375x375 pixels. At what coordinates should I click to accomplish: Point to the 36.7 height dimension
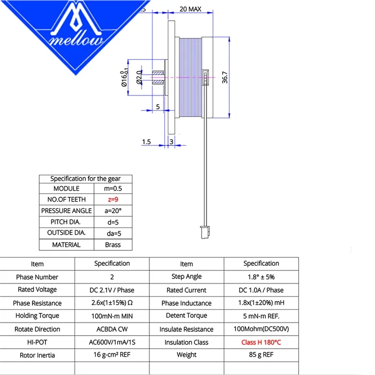coord(225,77)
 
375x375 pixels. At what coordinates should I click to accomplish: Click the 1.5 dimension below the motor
coord(147,141)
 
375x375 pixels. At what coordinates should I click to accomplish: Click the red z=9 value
coord(113,199)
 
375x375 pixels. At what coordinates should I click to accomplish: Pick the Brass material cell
coord(113,244)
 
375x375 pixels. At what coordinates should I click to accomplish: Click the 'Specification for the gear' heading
coord(85,179)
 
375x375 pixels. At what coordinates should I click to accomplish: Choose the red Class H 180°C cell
coord(261,342)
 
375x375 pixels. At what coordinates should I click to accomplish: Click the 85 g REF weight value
coord(261,355)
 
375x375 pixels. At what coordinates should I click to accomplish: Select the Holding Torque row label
coord(37,316)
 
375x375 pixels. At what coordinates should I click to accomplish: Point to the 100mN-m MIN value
coord(112,316)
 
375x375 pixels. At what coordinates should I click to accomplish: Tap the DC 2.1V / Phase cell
coord(112,290)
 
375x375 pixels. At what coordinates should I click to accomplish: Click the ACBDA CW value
coord(112,329)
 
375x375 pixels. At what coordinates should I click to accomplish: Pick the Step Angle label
coord(186,277)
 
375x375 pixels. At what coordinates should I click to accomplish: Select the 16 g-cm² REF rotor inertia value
coord(112,355)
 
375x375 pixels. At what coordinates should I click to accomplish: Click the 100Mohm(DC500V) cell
coord(261,329)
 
